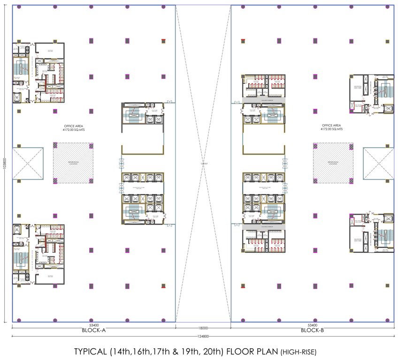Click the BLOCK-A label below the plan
coord(93,330)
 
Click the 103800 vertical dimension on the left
coord(4,164)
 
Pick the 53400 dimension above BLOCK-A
coord(93,325)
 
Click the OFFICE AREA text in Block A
coord(74,126)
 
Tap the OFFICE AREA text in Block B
coord(331,125)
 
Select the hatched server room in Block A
coord(73,164)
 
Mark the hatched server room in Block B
coord(333,164)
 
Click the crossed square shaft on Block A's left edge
coord(27,164)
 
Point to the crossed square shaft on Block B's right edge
coord(378,164)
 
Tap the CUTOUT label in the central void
coord(203,164)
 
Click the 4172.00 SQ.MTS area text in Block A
coord(74,130)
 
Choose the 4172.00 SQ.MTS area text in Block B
coord(331,129)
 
